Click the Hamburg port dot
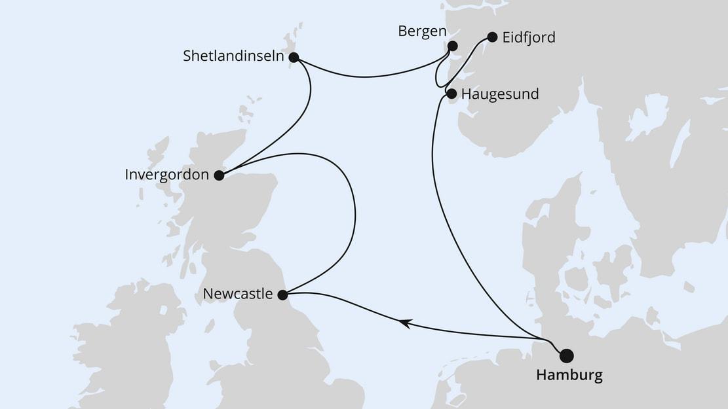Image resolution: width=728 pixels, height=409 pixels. (566, 355)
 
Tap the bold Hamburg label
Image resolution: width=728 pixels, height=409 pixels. (569, 376)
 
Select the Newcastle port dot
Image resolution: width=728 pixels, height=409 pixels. (282, 295)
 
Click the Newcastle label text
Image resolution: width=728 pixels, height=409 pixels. (237, 294)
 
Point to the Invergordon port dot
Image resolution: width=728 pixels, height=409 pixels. (219, 175)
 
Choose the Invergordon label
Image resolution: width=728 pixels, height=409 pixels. (166, 175)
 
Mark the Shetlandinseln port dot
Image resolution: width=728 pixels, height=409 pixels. (294, 58)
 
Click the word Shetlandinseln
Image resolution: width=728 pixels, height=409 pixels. (233, 57)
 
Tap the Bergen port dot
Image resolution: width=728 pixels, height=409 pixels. (451, 46)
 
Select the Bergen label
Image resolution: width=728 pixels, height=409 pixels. (422, 31)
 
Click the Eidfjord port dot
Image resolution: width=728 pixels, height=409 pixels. (492, 37)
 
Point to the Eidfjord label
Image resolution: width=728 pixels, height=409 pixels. (528, 37)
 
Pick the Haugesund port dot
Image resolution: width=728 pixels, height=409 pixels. (451, 94)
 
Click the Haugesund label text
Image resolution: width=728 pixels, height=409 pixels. (499, 94)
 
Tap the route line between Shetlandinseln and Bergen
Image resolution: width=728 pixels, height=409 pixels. (367, 77)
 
